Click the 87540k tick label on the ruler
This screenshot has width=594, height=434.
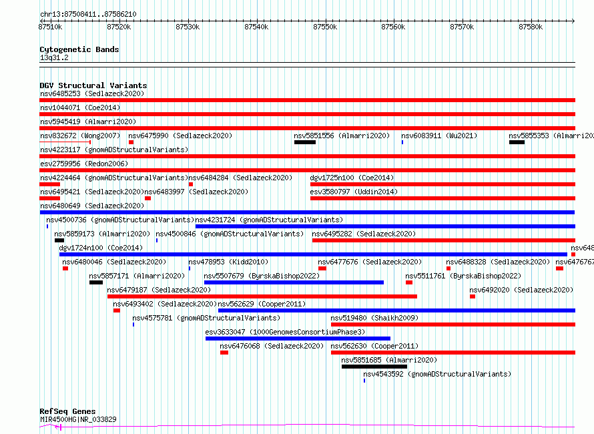(256, 27)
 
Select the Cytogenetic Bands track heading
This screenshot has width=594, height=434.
(79, 49)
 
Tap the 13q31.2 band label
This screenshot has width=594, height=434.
(54, 57)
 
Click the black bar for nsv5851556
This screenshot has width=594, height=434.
(305, 142)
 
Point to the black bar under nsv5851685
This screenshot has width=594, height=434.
(374, 367)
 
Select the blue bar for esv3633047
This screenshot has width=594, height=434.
(298, 339)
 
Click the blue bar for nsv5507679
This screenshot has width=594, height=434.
(294, 282)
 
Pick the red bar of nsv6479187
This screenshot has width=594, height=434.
(262, 296)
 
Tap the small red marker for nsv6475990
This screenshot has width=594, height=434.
(131, 142)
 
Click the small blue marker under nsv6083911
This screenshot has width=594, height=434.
(402, 142)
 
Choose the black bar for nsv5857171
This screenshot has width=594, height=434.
(96, 282)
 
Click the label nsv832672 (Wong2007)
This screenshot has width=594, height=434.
(80, 136)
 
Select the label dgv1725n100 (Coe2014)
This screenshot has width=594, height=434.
(352, 178)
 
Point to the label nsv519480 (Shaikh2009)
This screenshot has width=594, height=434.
(374, 318)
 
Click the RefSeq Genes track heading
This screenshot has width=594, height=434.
(68, 411)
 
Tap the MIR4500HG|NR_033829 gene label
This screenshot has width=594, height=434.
(78, 419)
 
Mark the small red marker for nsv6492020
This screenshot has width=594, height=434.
(473, 296)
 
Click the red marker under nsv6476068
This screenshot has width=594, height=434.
(224, 353)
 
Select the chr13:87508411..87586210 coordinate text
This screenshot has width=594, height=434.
(88, 15)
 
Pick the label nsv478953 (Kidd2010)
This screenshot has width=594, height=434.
(228, 262)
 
